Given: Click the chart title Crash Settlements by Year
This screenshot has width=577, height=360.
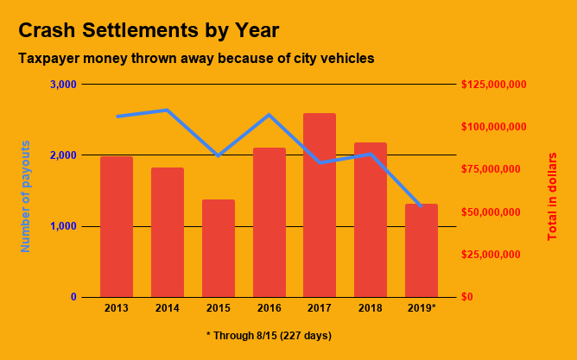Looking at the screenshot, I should coord(149,30).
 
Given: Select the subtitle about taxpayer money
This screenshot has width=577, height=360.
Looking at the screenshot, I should coord(196,59).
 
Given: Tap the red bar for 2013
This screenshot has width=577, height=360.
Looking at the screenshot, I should coord(117,226).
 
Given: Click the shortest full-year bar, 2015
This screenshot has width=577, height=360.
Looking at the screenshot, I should coord(219,248).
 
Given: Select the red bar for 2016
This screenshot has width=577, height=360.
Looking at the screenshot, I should coord(269,222).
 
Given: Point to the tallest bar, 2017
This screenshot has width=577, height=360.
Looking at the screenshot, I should coord(320,205).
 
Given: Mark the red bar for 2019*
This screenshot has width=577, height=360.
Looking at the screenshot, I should coord(422,250).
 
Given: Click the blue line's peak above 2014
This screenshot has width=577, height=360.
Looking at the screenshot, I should coord(167,110).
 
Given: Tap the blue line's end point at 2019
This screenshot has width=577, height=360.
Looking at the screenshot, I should coord(421,205).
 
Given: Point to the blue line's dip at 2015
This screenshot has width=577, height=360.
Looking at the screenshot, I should coord(219,155).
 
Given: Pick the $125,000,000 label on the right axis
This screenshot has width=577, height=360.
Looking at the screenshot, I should coord(493,85).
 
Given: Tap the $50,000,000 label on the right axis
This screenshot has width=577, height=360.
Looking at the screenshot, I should coord(493,212).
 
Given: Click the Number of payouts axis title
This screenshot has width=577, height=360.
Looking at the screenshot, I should coord(25,196).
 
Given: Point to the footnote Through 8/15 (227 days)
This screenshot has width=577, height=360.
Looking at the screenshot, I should coord(269,335).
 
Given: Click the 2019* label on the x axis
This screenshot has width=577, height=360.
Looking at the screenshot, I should coord(422,308).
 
